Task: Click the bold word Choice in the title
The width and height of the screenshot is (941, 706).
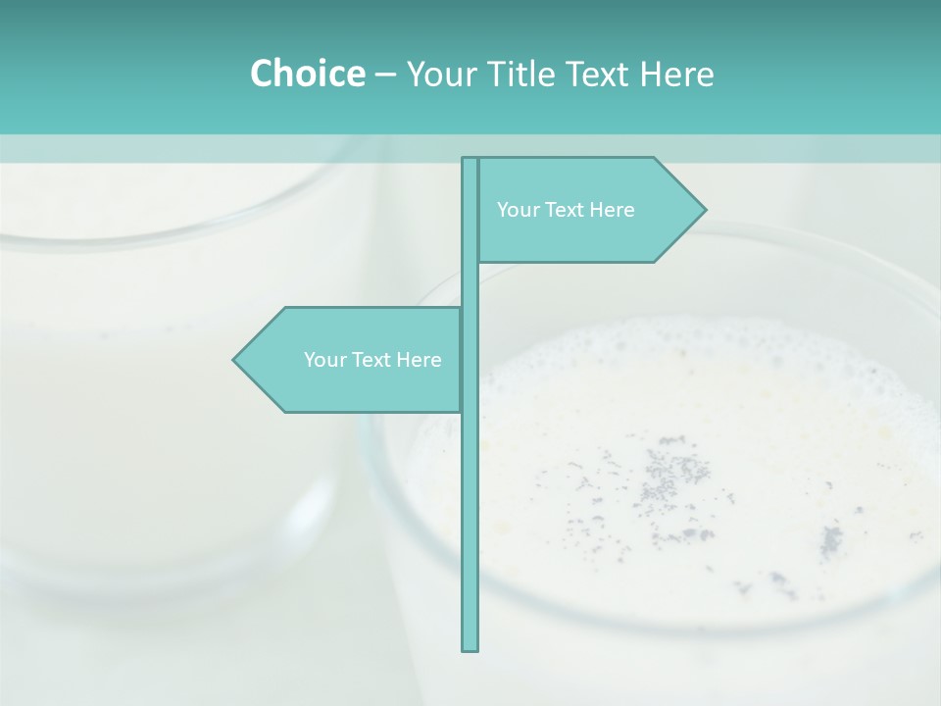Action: click(307, 74)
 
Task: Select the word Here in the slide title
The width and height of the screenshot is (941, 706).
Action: click(676, 74)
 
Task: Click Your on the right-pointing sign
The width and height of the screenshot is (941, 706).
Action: click(517, 210)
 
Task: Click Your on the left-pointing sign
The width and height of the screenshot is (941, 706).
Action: click(323, 360)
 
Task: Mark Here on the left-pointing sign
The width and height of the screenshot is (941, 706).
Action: click(419, 360)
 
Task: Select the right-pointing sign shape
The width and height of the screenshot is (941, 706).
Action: click(588, 235)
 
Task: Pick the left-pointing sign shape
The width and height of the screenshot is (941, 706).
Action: click(353, 387)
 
